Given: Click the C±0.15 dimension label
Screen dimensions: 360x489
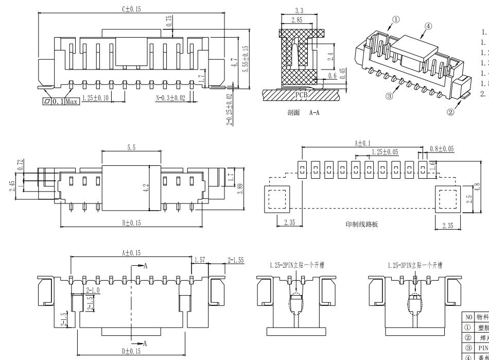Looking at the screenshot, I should click(x=131, y=9).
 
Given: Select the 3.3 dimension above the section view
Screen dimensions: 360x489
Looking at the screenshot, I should click(x=299, y=11).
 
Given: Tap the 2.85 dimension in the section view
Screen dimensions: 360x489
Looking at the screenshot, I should click(x=296, y=20).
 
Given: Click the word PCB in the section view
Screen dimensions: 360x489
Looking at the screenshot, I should click(x=301, y=95).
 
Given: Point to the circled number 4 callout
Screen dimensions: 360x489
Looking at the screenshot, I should click(x=428, y=26).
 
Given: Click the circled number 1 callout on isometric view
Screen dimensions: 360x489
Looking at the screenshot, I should click(x=395, y=20).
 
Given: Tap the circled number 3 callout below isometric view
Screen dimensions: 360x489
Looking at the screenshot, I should click(x=389, y=96).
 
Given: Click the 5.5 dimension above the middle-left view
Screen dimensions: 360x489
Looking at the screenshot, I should click(x=131, y=148).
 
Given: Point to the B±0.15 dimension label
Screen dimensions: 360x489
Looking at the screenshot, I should click(x=131, y=223).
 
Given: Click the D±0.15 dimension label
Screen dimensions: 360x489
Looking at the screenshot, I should click(x=131, y=351).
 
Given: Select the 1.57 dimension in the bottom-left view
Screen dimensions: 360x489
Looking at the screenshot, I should click(x=200, y=261).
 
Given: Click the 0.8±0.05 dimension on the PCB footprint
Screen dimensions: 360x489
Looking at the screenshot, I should click(x=442, y=149).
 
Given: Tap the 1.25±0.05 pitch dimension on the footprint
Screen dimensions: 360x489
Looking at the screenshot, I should click(x=385, y=152).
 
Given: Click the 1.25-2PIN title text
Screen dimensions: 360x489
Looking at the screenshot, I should click(x=297, y=265).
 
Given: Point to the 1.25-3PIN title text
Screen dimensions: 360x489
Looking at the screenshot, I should click(x=414, y=265).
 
